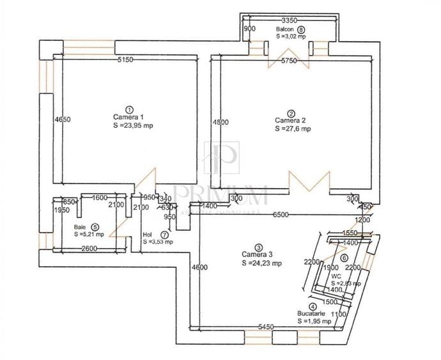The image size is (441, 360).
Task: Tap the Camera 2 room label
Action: click(290, 120)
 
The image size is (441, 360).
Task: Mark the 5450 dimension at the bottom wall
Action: click(267, 327)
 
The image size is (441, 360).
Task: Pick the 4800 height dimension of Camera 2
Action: click(220, 122)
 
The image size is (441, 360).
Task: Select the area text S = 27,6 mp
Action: click(293, 129)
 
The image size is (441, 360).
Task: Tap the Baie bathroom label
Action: click(80, 226)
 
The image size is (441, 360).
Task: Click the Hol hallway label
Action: click(148, 235)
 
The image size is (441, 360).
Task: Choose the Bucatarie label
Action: click(311, 314)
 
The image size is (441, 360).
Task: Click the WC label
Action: click(336, 276)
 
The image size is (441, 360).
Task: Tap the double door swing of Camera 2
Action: click(309, 183)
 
